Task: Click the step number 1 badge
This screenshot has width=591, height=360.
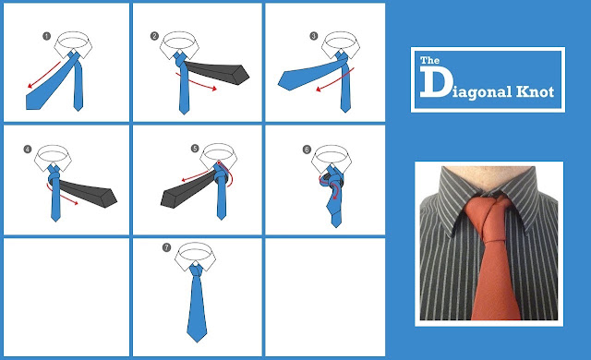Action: pyautogui.click(x=46, y=36)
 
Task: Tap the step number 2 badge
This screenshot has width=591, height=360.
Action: pyautogui.click(x=154, y=36)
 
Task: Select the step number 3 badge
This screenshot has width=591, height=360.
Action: pyautogui.click(x=314, y=36)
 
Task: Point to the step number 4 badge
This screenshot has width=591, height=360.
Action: pyautogui.click(x=28, y=150)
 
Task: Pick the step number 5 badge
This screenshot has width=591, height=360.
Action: pyautogui.click(x=195, y=149)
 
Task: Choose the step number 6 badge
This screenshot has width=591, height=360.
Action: pyautogui.click(x=307, y=150)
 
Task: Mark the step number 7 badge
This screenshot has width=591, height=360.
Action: pyautogui.click(x=166, y=247)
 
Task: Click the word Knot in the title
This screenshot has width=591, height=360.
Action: pyautogui.click(x=535, y=91)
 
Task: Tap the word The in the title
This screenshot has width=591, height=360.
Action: pyautogui.click(x=430, y=60)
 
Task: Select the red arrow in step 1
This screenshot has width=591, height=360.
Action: pyautogui.click(x=43, y=75)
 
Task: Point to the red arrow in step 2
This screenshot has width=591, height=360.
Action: pyautogui.click(x=197, y=82)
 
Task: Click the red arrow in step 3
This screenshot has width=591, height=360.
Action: pyautogui.click(x=334, y=80)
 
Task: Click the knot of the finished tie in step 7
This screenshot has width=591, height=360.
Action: pyautogui.click(x=196, y=270)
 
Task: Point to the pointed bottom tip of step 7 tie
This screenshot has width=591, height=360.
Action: pyautogui.click(x=197, y=342)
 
